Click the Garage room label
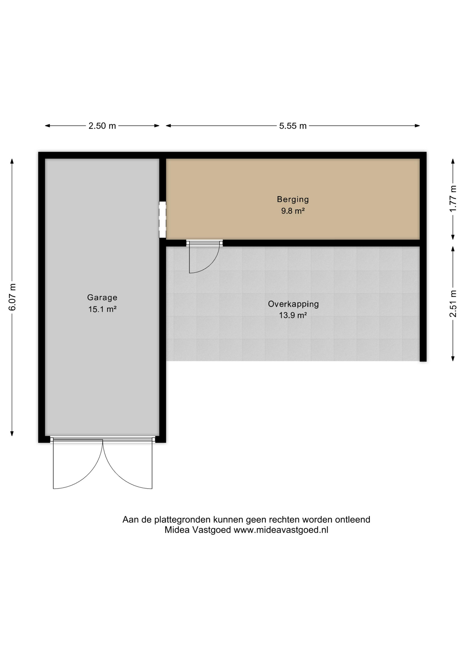pos(102,298)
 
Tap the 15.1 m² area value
pos(102,309)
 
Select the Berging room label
pos(293,199)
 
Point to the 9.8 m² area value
pos(293,211)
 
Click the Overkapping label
pos(293,304)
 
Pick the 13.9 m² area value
pos(293,315)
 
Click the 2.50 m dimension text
pos(102,126)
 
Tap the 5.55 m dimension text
pos(293,126)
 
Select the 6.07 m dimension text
pos(12,297)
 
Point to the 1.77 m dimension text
pos(453,198)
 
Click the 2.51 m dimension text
pos(453,304)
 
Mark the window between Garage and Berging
pos(163,220)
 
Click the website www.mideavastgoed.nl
pos(281,530)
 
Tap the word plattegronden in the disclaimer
pos(182,520)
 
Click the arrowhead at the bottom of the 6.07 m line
pos(12,434)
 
